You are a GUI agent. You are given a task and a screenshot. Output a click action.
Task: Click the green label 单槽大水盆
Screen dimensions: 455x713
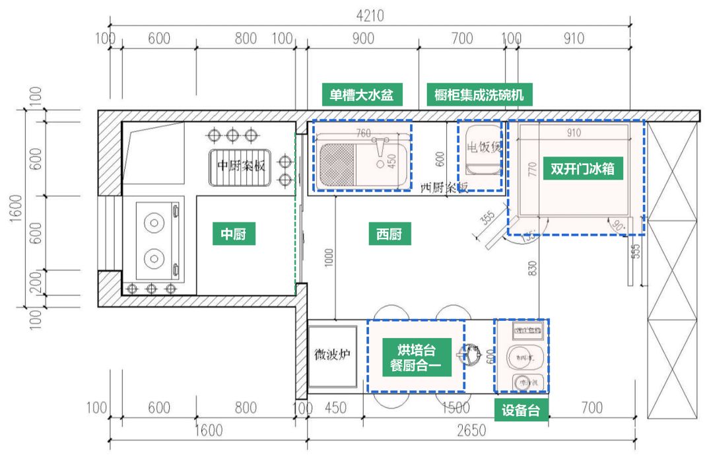coord(362,95)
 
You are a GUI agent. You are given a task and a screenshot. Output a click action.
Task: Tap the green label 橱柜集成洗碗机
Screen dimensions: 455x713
coord(479,95)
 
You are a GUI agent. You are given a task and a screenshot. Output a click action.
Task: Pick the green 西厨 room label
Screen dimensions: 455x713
coord(389,234)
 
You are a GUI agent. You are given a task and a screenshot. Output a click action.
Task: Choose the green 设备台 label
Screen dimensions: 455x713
coord(521,410)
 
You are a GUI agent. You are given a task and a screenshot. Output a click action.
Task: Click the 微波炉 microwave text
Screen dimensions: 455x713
coord(332,355)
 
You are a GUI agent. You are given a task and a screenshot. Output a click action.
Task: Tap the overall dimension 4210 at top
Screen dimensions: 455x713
coord(370,15)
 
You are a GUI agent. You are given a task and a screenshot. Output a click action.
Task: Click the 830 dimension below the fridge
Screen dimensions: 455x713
coord(533,266)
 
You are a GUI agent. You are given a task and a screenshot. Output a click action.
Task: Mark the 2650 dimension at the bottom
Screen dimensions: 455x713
coord(471,431)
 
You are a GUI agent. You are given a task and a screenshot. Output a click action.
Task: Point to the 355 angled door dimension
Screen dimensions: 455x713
coord(488,218)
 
